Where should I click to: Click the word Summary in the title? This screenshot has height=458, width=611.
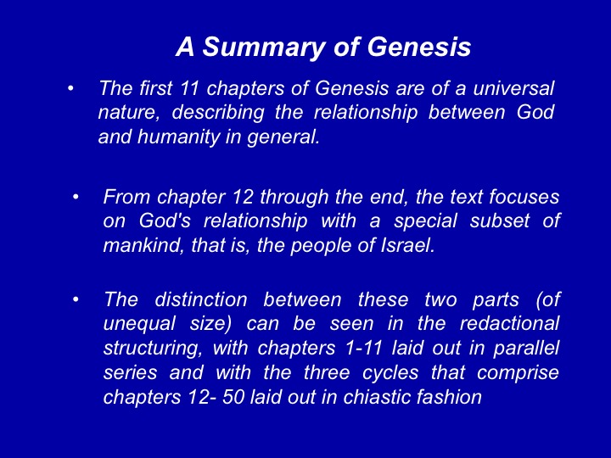pos(256,48)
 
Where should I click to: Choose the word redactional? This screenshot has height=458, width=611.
pos(509,324)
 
